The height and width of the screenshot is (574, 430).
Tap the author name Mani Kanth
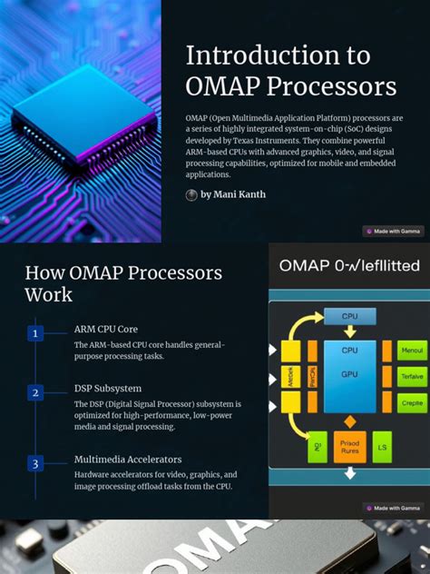click(233, 194)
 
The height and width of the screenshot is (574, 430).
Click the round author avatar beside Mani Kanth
click(191, 194)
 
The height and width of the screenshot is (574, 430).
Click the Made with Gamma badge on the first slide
click(393, 231)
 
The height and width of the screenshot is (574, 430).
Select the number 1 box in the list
click(35, 333)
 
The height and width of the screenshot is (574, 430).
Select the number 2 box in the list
click(35, 392)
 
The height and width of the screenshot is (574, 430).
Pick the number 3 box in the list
click(35, 463)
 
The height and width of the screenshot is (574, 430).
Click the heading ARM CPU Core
click(106, 329)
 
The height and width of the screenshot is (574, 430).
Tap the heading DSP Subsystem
click(107, 388)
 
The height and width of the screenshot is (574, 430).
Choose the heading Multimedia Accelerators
click(128, 459)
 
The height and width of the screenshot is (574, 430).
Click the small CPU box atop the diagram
click(349, 317)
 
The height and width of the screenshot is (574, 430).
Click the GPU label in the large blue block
click(349, 373)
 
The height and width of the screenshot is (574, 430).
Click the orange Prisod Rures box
click(350, 447)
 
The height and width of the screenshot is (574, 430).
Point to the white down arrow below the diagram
click(350, 473)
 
